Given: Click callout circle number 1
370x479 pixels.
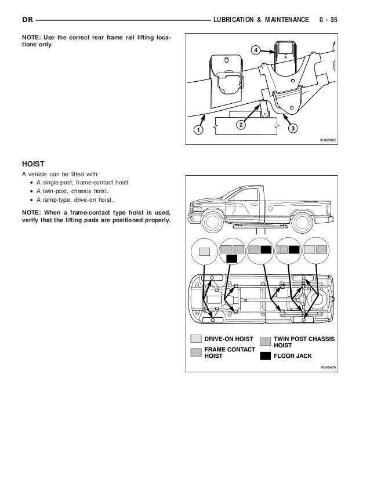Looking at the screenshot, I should point(198,130).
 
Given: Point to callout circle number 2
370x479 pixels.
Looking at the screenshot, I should point(240,124).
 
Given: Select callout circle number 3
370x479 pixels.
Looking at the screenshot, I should point(293,128).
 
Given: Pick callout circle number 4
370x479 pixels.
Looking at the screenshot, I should point(255,51).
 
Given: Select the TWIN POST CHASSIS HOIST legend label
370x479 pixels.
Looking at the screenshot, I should point(303,342).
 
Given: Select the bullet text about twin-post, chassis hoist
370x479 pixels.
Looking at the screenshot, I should point(76,191).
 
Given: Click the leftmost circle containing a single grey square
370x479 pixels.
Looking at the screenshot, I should point(204,252).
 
